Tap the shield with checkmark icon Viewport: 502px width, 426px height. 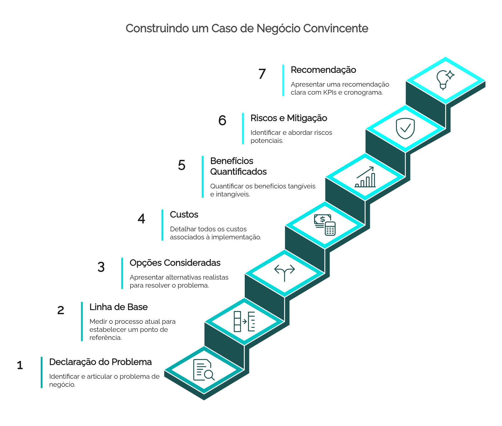405,128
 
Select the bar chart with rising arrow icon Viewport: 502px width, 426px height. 365,177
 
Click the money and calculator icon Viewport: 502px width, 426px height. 325,225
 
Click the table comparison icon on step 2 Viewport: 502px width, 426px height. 244,321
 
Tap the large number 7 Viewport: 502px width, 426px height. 262,74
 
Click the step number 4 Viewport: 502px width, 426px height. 141,219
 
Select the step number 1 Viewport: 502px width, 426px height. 20,366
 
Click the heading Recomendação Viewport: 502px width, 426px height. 323,70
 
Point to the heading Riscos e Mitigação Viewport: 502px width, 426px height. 289,118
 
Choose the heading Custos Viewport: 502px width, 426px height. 184,215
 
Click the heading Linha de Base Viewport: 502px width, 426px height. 119,307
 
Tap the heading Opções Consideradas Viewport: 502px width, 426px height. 175,263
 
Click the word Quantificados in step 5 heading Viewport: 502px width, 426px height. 238,172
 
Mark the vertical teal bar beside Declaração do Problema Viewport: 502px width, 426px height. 41,372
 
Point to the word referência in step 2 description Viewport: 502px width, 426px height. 106,338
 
